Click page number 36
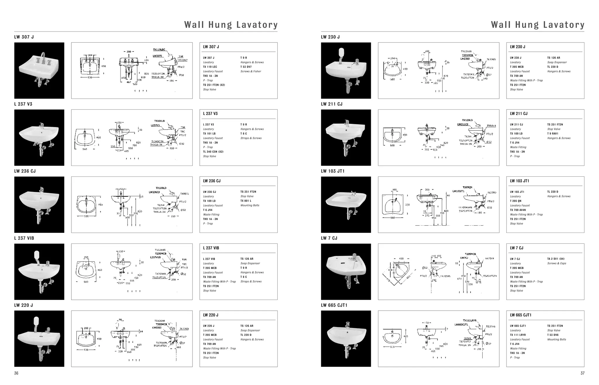coord(16,373)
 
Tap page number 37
coord(582,373)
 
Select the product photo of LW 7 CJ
coord(346,271)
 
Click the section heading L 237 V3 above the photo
coord(23,104)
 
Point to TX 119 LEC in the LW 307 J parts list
coord(210,67)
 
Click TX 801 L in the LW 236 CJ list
coord(246,201)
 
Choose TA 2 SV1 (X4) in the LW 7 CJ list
coord(556,259)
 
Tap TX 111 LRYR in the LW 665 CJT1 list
coord(518,335)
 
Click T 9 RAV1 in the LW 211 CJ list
coord(553,134)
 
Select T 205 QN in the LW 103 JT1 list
coord(516,201)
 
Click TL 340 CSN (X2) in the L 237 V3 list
coord(213,152)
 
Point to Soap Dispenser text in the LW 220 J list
coord(250,331)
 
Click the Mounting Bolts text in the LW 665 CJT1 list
coord(557,340)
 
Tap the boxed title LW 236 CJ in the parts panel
coord(212,181)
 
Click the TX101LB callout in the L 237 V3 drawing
coord(159,121)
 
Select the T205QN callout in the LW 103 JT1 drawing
coord(467,187)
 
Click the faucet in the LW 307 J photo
coord(43,57)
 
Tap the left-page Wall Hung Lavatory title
coord(231,25)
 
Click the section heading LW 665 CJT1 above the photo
coord(334,305)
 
